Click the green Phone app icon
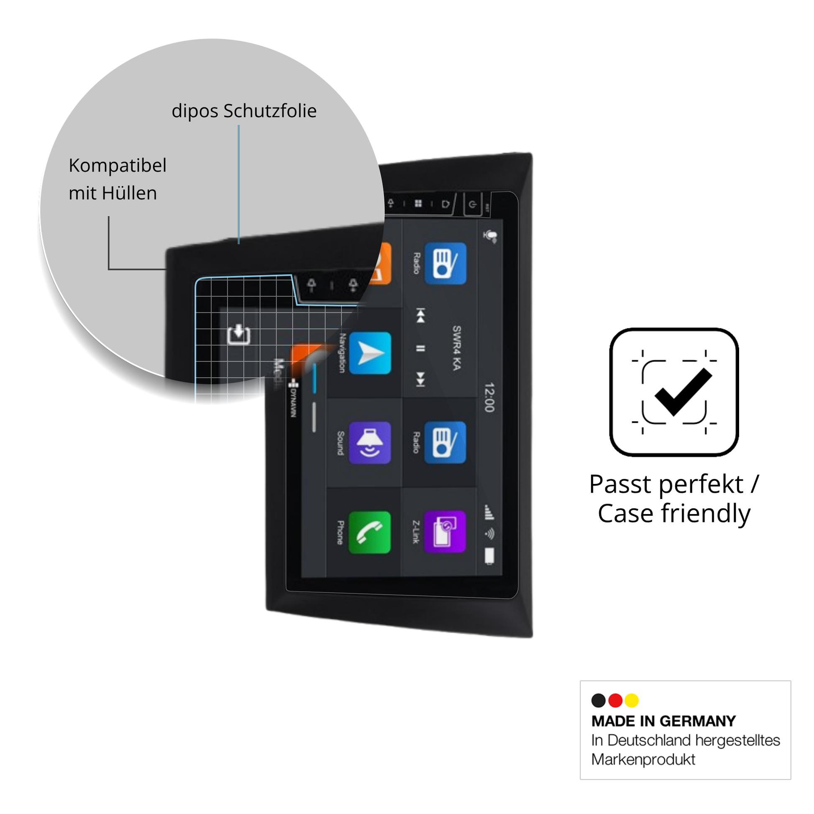[369, 532]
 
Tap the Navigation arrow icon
[369, 353]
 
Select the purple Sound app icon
[369, 443]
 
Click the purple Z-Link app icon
[445, 531]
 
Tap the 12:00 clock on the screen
[489, 397]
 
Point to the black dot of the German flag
[598, 700]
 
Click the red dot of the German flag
[615, 700]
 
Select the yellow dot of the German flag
[632, 700]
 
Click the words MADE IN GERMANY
[663, 721]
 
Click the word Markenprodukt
[643, 759]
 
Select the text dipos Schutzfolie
[244, 111]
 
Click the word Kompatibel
[118, 165]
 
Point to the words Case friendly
[674, 513]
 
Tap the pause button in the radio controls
[420, 348]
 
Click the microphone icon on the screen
[490, 236]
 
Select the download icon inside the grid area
[238, 334]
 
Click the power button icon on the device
[472, 205]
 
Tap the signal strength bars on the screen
[489, 512]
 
